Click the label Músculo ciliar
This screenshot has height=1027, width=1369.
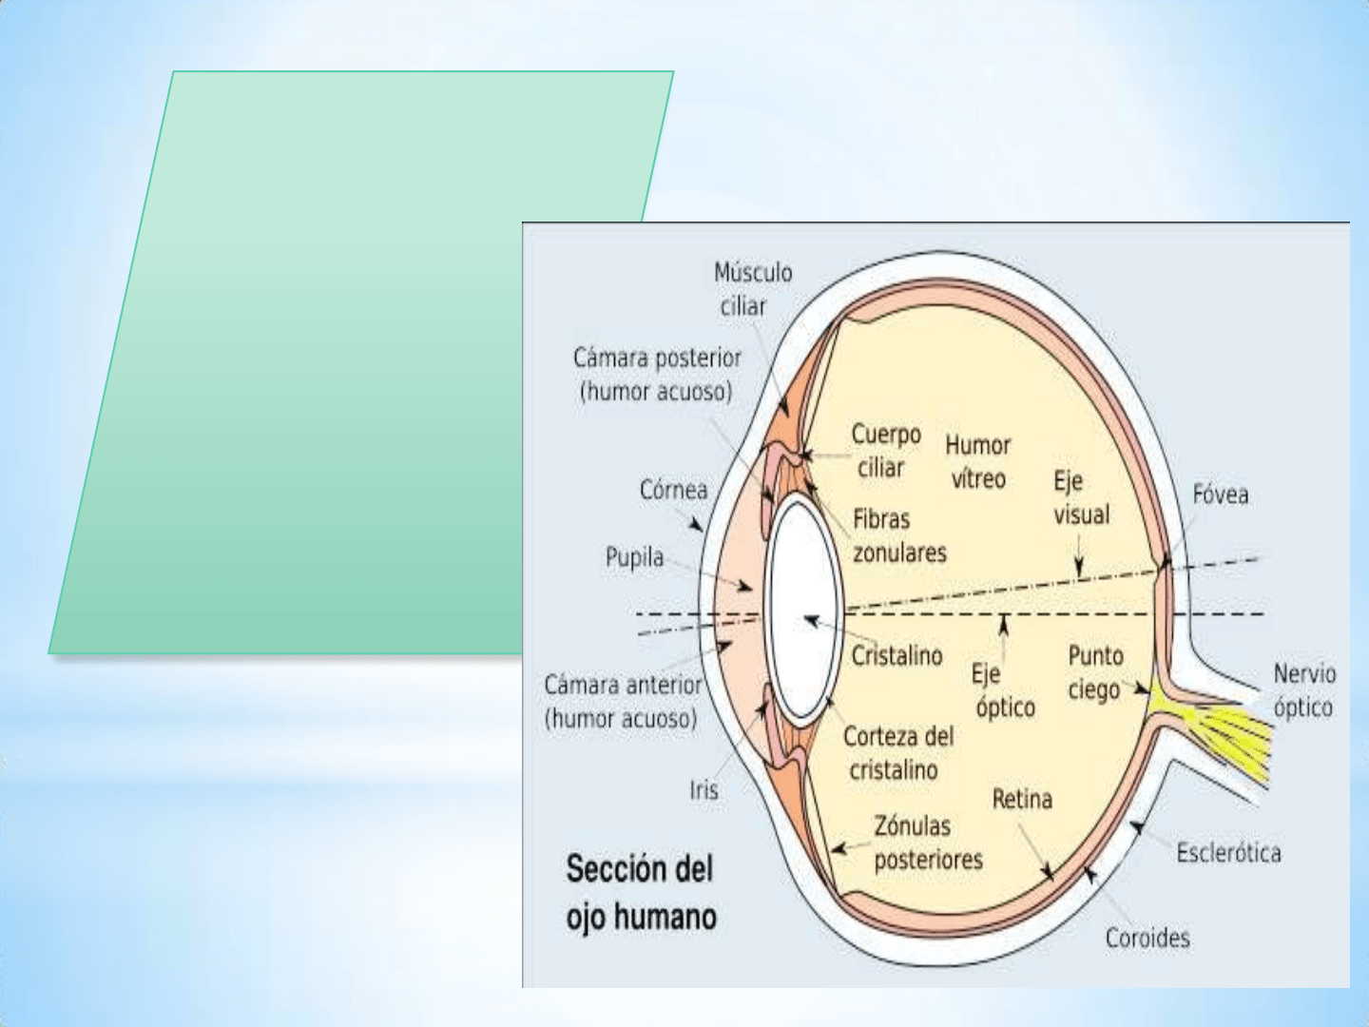pyautogui.click(x=752, y=289)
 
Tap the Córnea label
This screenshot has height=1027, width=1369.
pyautogui.click(x=673, y=491)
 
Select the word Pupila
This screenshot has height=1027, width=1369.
pyautogui.click(x=634, y=557)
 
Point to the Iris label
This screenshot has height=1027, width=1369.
pyautogui.click(x=704, y=790)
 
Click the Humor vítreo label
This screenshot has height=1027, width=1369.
pyautogui.click(x=977, y=462)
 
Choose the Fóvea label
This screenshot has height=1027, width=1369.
pyautogui.click(x=1220, y=494)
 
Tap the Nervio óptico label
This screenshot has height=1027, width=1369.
pyautogui.click(x=1303, y=690)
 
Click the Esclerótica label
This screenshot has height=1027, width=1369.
pyautogui.click(x=1228, y=853)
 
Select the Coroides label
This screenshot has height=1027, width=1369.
pyautogui.click(x=1147, y=939)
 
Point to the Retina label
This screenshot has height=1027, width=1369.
pyautogui.click(x=1022, y=800)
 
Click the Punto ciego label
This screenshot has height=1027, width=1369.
pyautogui.click(x=1095, y=672)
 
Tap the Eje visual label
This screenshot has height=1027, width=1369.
pyautogui.click(x=1081, y=498)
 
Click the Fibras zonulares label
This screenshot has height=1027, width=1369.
pyautogui.click(x=898, y=536)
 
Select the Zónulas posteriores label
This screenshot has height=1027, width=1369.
pyautogui.click(x=927, y=843)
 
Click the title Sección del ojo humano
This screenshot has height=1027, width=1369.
pyautogui.click(x=641, y=893)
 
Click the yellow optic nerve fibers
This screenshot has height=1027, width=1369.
pyautogui.click(x=1226, y=732)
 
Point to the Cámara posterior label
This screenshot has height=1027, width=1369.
pyautogui.click(x=656, y=375)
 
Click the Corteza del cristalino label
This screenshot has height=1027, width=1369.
pyautogui.click(x=897, y=753)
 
